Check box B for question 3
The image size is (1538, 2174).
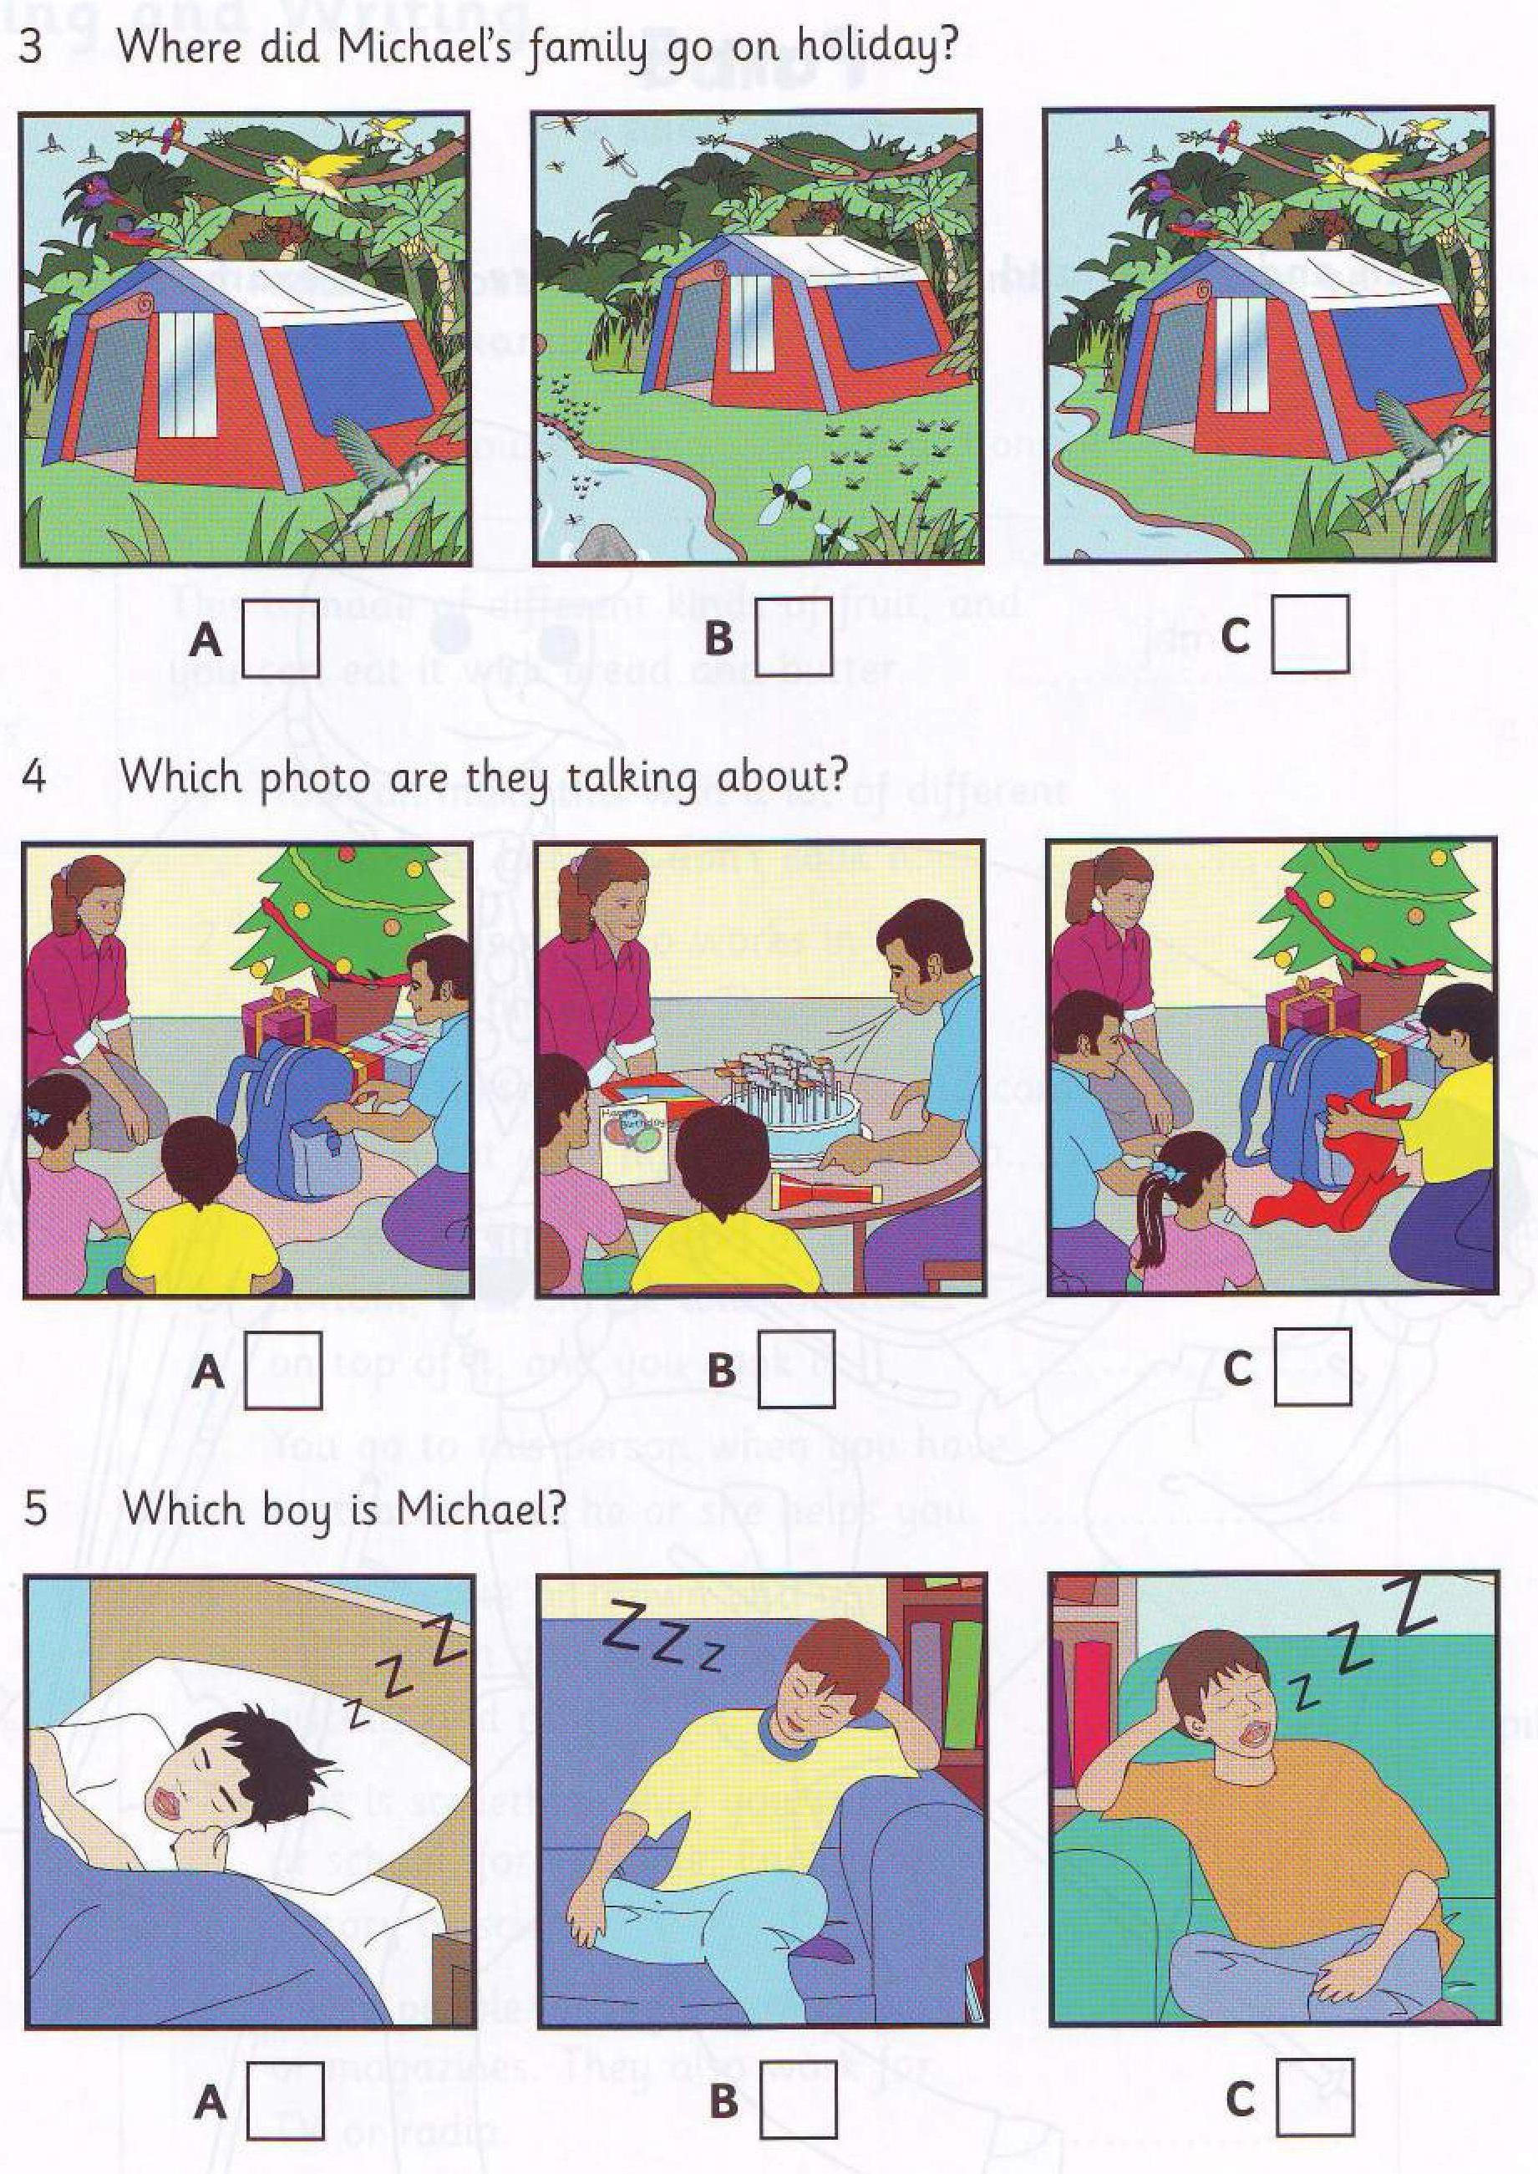click(794, 639)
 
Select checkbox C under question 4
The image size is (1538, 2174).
click(1312, 1366)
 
